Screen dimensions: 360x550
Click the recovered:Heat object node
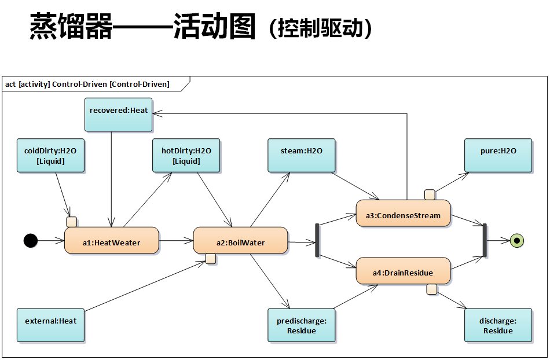[x=119, y=115]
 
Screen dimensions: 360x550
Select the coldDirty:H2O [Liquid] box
[x=51, y=156]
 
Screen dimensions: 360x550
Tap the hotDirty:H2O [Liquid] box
[x=186, y=156]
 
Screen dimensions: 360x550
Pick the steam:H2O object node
[x=302, y=156]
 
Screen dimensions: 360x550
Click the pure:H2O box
[x=498, y=156]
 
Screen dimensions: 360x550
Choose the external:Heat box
[x=51, y=325]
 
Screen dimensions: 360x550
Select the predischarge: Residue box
[x=302, y=325]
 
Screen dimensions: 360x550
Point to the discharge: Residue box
[x=498, y=325]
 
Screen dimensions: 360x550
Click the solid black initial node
[x=31, y=240]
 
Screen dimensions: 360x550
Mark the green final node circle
[x=516, y=240]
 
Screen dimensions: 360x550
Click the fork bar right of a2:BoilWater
[x=317, y=240]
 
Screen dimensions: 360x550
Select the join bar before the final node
[x=485, y=240]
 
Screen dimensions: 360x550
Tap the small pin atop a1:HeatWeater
[x=72, y=222]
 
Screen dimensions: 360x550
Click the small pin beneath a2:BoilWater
[x=211, y=259]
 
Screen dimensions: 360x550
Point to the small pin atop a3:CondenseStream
[x=430, y=194]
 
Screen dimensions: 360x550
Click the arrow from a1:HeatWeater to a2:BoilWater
[x=176, y=240]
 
